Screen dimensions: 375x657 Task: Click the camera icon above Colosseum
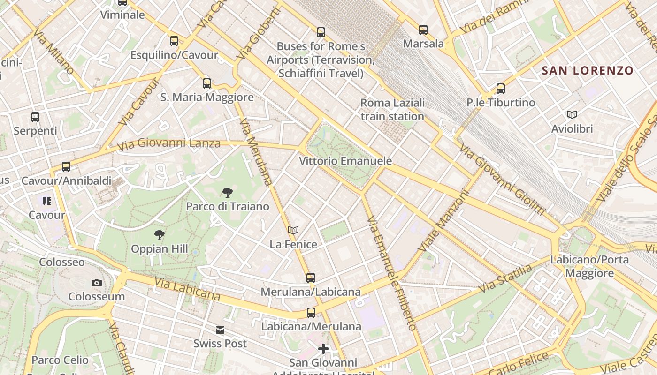coord(96,283)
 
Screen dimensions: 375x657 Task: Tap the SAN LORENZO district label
coord(588,71)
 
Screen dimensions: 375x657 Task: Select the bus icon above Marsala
coord(423,30)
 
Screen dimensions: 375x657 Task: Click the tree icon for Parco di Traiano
coord(228,192)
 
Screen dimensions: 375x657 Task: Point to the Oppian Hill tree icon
coord(160,235)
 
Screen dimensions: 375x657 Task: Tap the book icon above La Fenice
coord(293,230)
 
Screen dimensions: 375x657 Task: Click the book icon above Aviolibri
coord(572,114)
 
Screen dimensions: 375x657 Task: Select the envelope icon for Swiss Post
coord(220,330)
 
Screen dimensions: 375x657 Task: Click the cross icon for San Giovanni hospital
coord(323,349)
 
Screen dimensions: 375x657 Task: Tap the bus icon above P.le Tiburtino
coord(501,88)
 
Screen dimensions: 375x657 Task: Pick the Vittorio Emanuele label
coord(345,161)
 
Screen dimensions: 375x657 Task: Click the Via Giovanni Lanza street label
coord(168,143)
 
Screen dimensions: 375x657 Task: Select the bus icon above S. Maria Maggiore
coord(207,83)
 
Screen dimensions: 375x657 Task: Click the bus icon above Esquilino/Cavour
coord(174,41)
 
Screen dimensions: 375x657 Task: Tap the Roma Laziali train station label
coord(392,109)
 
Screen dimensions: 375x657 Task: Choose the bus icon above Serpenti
coord(35,117)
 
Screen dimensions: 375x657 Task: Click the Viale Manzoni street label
coord(444,221)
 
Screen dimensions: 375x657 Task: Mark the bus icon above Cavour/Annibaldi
coord(66,167)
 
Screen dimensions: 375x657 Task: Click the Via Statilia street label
coord(505,278)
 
